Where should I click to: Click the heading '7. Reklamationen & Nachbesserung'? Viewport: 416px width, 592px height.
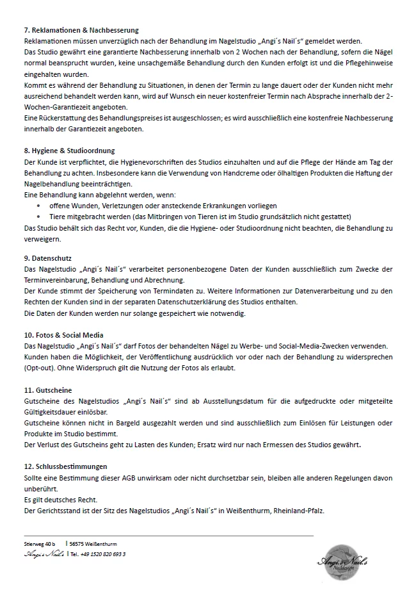[81, 30]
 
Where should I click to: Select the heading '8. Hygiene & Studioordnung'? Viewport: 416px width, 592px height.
[68, 151]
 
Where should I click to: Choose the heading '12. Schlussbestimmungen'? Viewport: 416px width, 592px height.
[65, 466]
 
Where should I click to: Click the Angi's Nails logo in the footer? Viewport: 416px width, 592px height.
[346, 559]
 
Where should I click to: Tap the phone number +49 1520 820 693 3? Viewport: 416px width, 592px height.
[101, 554]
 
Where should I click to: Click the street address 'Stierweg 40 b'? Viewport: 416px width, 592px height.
[40, 544]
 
